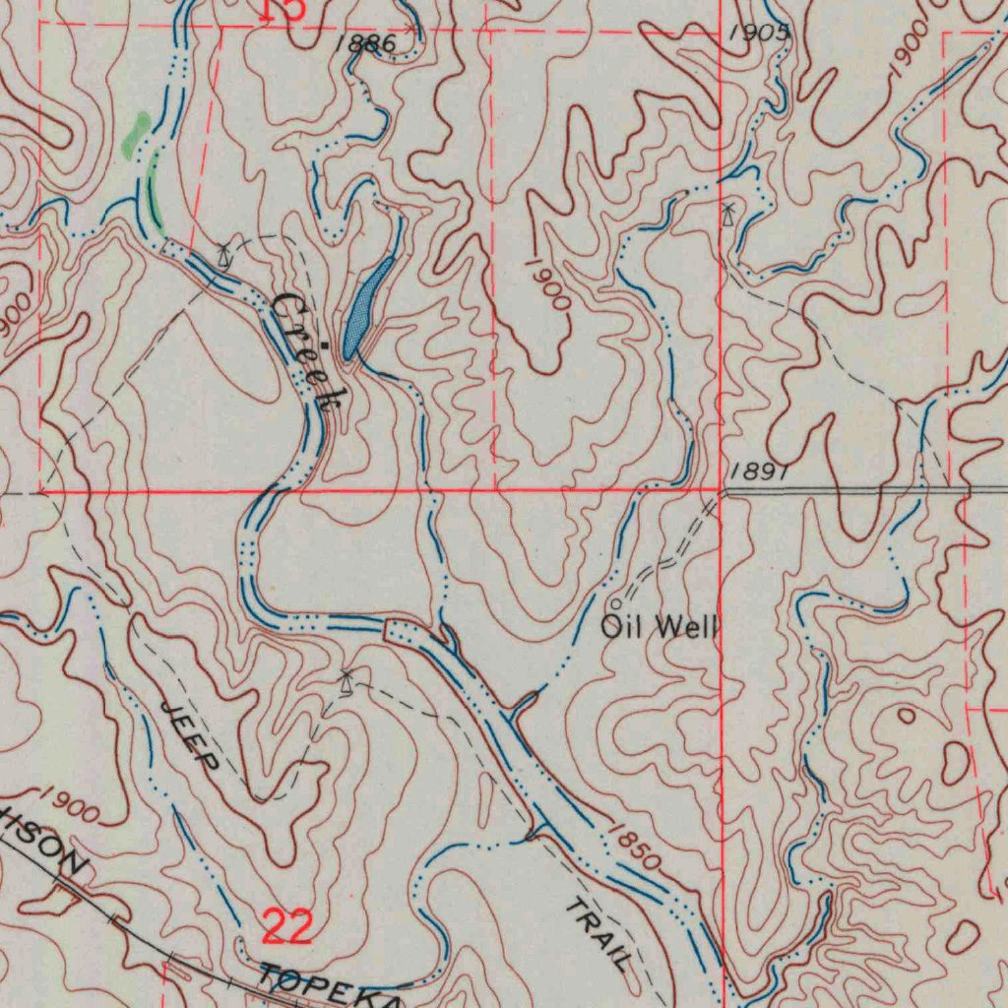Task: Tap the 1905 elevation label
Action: [759, 32]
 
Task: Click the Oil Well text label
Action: [661, 626]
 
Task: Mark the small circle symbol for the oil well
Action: [616, 602]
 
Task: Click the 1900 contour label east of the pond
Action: [547, 284]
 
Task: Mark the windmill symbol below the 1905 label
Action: [727, 212]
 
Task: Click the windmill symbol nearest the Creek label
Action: [224, 254]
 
